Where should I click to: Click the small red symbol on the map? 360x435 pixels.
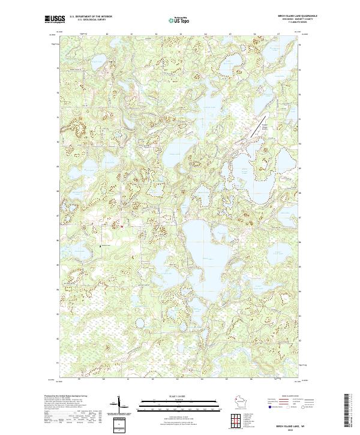pos(122,227)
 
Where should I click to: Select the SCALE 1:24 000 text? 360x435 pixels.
pos(179,395)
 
